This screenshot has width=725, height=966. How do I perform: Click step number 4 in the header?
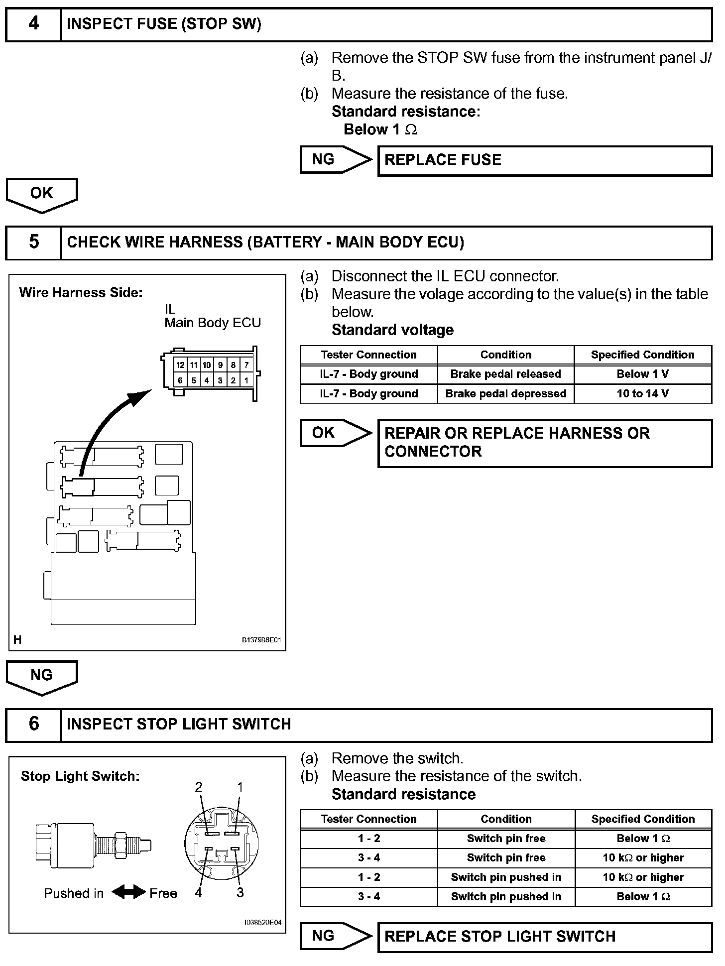[33, 23]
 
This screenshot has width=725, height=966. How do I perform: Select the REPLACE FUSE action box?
[545, 160]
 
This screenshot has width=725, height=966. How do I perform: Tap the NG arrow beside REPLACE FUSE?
[335, 159]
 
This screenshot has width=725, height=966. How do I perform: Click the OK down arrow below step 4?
[42, 195]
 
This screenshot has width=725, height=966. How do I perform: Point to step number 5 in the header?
[33, 242]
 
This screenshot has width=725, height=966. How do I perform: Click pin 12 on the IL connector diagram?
[180, 365]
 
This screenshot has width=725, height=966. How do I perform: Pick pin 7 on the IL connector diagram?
[246, 365]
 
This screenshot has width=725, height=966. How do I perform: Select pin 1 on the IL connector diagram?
[246, 380]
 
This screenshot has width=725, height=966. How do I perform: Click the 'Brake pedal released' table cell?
[505, 374]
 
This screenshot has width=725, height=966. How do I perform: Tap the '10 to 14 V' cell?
[642, 393]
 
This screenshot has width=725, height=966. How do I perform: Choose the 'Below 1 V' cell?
[642, 374]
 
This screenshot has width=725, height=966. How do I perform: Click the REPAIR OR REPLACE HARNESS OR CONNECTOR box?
[545, 443]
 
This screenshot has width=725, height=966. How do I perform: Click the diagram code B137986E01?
[261, 640]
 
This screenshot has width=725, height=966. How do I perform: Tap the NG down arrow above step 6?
[42, 677]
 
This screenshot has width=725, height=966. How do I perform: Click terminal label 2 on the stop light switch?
[199, 787]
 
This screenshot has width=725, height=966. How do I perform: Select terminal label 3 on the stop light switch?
[240, 892]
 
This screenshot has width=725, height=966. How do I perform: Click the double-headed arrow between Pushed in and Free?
[128, 892]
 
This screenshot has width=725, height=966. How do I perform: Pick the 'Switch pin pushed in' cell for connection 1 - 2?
[506, 877]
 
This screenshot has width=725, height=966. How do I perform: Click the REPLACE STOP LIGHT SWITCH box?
[545, 936]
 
